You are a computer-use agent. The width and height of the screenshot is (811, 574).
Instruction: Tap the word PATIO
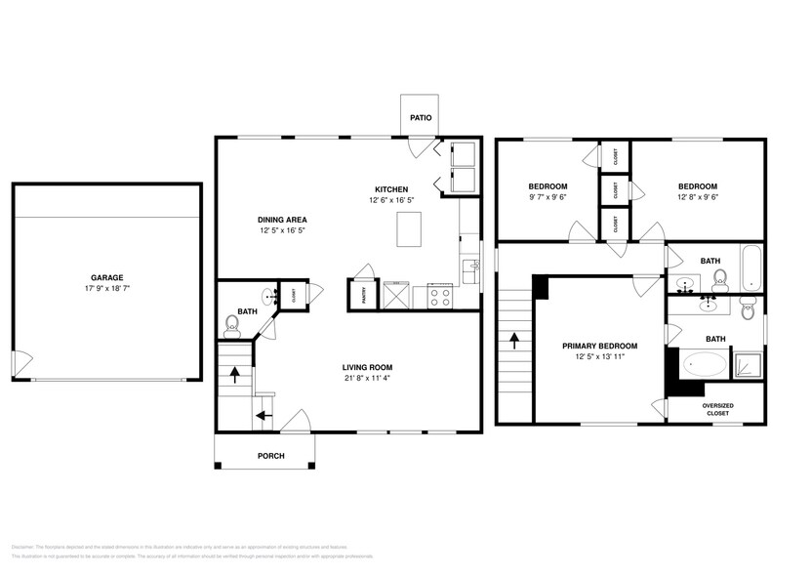tap(421, 118)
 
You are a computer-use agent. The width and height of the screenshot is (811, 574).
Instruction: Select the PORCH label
tap(270, 456)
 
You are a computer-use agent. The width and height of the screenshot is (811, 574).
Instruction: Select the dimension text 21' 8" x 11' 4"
tap(367, 379)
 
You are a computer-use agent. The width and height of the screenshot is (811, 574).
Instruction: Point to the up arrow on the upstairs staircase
tap(513, 342)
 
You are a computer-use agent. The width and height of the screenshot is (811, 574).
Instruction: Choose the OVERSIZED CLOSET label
tap(717, 409)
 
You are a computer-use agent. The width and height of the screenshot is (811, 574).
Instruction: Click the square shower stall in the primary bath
tap(749, 364)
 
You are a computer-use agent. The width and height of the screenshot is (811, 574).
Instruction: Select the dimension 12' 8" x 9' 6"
tap(697, 198)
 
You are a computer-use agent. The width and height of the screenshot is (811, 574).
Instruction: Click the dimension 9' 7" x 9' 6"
tap(547, 198)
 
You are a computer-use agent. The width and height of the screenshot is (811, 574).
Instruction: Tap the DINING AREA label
tap(283, 220)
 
